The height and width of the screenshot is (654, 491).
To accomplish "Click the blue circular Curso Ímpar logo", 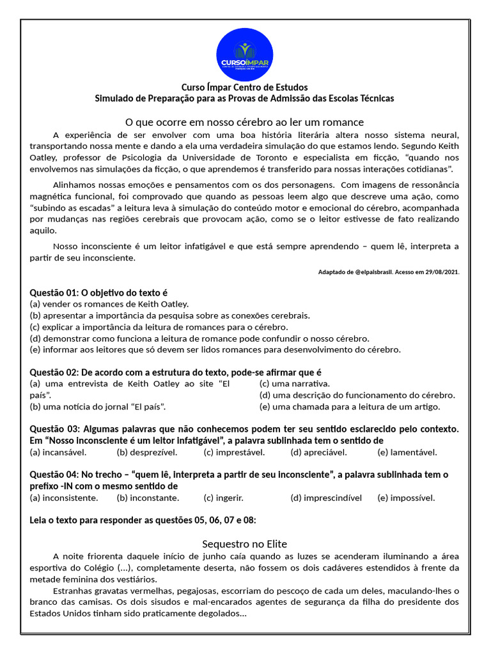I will [x=244, y=54].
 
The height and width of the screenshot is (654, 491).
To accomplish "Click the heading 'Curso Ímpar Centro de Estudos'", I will [x=244, y=87].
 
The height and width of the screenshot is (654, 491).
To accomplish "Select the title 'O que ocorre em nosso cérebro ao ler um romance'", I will [x=244, y=122].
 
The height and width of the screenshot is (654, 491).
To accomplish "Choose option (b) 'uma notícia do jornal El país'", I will [x=102, y=406].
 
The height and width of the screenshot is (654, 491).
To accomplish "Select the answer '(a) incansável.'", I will [x=58, y=452].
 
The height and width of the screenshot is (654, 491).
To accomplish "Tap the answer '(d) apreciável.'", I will [x=318, y=452].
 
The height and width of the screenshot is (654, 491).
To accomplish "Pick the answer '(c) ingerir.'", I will [x=224, y=498].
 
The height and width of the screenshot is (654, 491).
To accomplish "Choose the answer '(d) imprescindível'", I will [x=326, y=498].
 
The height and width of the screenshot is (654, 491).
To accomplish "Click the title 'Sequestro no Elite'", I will [x=244, y=544].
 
